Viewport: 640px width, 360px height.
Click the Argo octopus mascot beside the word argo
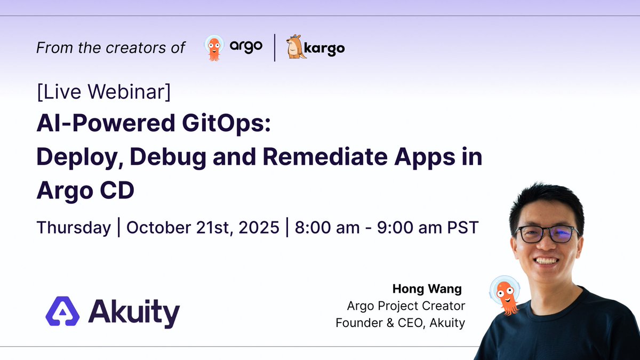(214, 48)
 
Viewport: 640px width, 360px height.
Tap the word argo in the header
(246, 46)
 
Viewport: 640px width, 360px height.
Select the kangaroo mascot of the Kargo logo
(296, 47)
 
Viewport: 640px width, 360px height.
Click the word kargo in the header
(326, 48)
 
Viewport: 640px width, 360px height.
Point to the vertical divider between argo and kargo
(275, 47)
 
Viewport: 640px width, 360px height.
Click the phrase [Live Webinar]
(104, 92)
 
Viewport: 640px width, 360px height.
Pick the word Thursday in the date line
(74, 228)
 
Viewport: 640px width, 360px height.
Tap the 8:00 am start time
(327, 228)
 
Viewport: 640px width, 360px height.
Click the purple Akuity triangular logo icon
(62, 311)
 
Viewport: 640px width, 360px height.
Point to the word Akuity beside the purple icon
(134, 313)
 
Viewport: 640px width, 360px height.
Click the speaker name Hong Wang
(427, 289)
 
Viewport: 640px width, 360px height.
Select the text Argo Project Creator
(406, 306)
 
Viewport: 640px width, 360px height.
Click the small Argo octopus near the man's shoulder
(505, 294)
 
